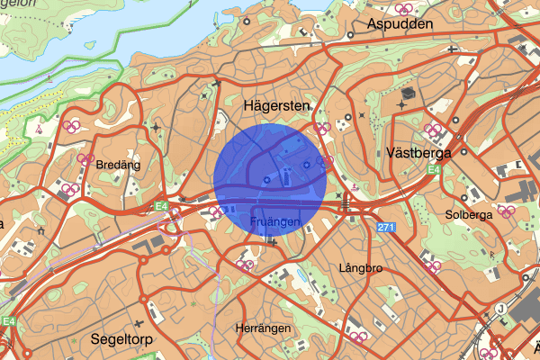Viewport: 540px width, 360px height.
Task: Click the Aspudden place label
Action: pos(400,24)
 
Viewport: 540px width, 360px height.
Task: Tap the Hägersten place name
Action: pos(277,106)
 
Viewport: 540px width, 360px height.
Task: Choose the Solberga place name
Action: pos(468,215)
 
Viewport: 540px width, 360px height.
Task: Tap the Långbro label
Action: pos(362,268)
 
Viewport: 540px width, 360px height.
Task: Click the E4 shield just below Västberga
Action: pos(434,169)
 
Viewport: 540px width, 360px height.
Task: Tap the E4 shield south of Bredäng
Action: pos(160,206)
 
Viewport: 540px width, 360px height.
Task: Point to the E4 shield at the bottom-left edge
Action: pos(8,320)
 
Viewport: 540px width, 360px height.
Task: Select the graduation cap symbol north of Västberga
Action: pos(407,94)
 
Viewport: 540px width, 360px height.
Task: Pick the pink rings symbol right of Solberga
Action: pos(507,211)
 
